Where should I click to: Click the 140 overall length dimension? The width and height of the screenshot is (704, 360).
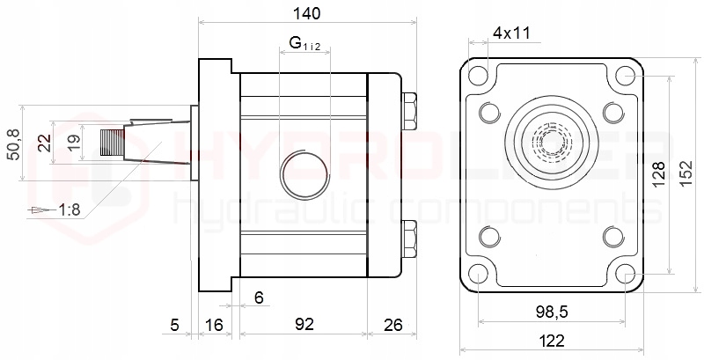(307, 13)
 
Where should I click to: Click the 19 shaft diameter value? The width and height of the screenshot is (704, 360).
(75, 143)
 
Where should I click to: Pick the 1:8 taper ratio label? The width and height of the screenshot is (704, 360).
(68, 209)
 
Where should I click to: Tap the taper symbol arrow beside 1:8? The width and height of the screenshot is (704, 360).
(37, 210)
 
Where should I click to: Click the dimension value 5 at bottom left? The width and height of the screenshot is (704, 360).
(174, 325)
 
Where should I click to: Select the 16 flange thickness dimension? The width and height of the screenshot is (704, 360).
(215, 325)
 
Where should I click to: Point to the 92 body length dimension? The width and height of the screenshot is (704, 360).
(304, 325)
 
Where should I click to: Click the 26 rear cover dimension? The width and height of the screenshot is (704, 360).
(392, 325)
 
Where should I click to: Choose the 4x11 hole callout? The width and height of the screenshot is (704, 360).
(511, 33)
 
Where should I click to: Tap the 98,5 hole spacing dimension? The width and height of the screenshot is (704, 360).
(551, 312)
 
